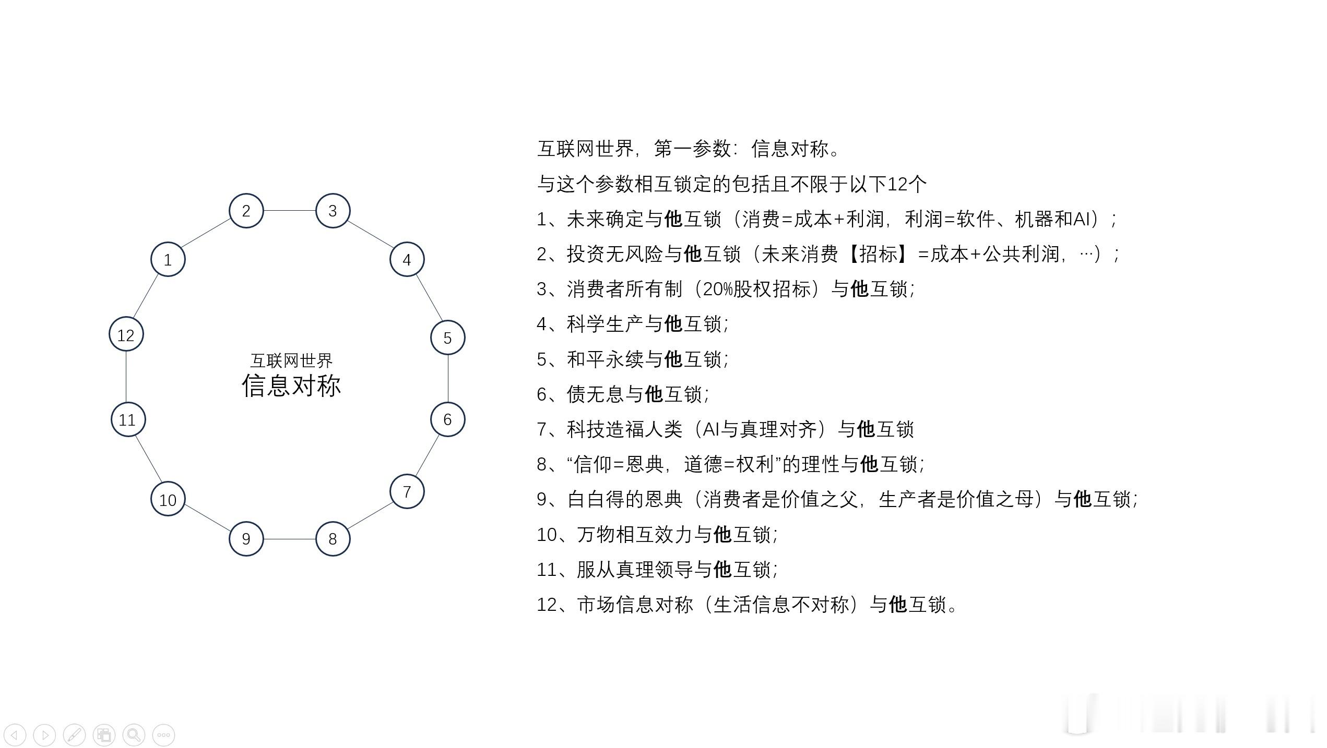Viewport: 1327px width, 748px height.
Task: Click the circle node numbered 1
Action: click(x=168, y=259)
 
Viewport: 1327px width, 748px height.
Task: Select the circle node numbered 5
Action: click(x=448, y=337)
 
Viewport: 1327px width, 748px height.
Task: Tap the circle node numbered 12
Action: click(x=126, y=334)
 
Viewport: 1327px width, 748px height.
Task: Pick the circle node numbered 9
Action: click(x=246, y=539)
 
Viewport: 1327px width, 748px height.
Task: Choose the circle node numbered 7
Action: click(x=407, y=491)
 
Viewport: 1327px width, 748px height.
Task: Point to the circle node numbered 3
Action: click(x=333, y=211)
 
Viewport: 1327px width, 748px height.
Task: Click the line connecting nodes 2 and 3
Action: click(x=290, y=211)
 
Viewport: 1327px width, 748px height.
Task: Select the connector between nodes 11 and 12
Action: click(x=126, y=377)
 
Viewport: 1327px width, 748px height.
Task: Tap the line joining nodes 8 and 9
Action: click(x=290, y=539)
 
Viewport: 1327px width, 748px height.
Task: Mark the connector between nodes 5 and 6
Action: click(x=448, y=379)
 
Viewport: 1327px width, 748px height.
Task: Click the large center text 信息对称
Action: click(x=291, y=385)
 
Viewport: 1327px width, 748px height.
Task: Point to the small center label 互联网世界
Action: click(x=291, y=360)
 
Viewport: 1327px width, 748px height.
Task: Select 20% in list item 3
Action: click(x=718, y=289)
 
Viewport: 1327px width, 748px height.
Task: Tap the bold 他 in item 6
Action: click(x=654, y=394)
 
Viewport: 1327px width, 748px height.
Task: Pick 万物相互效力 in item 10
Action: click(x=635, y=534)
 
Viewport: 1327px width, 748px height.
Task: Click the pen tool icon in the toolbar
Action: click(x=74, y=735)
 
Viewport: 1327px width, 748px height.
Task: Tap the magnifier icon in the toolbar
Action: click(x=134, y=735)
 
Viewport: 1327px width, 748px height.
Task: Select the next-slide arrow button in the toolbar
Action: click(x=44, y=735)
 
